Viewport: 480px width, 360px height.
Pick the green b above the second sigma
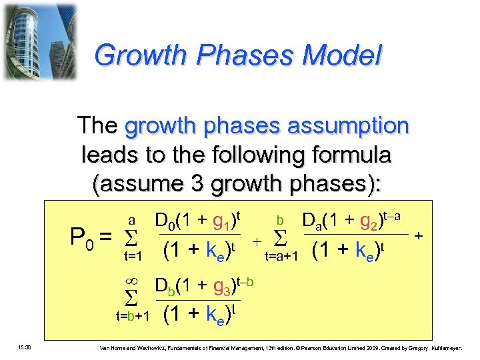point(281,219)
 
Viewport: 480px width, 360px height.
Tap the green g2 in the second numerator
point(366,221)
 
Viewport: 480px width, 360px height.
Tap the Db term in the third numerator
point(166,287)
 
